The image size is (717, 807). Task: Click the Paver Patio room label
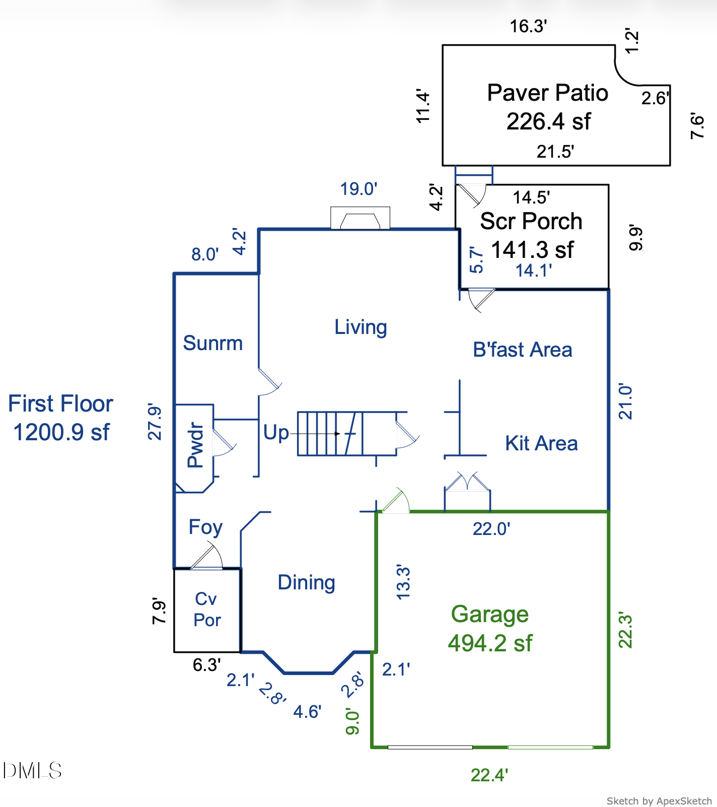547,93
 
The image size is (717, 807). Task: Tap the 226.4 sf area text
548,121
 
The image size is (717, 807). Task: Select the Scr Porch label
531,221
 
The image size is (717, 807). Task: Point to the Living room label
361,327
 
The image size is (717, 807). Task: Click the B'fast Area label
522,350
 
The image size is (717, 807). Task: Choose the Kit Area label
541,443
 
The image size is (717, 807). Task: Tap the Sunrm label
212,343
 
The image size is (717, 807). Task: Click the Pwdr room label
195,445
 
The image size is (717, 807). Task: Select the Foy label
205,527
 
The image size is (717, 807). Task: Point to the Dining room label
306,582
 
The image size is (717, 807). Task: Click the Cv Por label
207,610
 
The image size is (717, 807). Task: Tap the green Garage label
489,614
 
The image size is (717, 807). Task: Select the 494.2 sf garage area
489,643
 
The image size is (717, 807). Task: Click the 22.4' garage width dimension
489,775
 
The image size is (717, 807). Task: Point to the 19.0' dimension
358,189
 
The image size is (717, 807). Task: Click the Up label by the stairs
276,433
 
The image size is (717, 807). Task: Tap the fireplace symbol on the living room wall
360,219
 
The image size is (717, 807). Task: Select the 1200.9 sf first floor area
61,432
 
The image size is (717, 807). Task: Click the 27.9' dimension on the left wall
155,422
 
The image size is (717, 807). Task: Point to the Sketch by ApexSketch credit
659,801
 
